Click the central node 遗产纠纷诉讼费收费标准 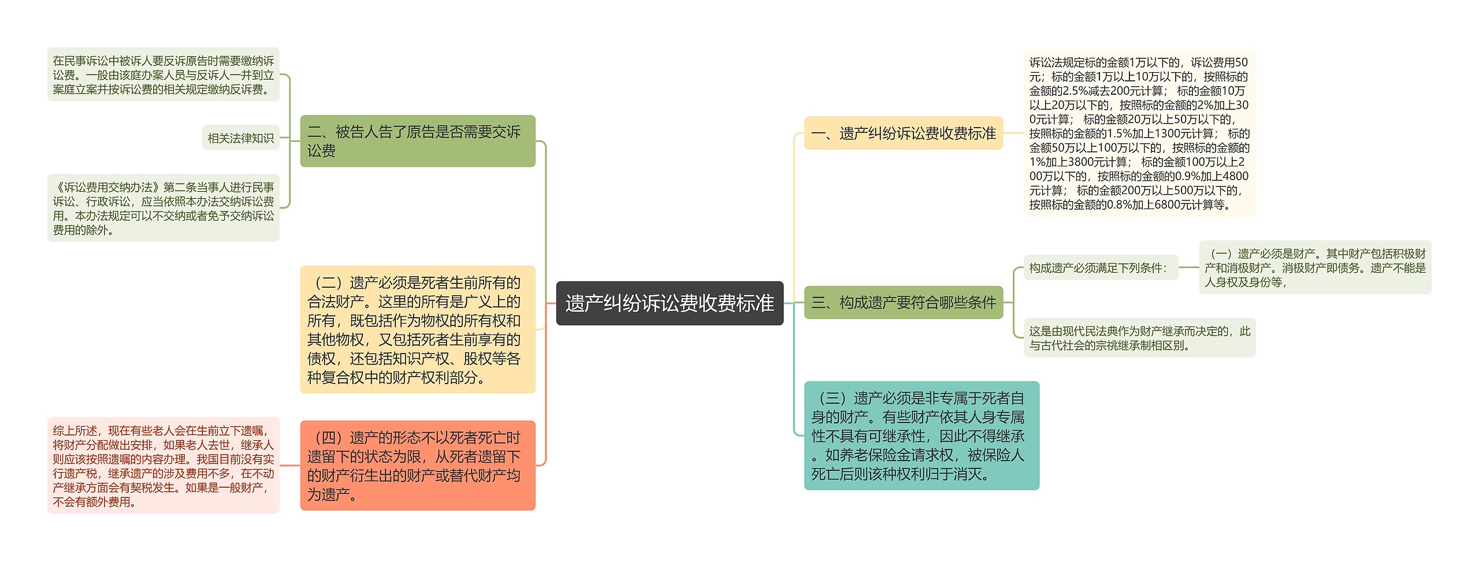pos(669,303)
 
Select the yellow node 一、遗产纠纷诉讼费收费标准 pos(903,133)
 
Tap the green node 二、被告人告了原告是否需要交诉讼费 pos(417,141)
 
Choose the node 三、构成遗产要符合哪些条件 pos(903,302)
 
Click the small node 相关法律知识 pos(240,138)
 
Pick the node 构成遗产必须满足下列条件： pos(1100,268)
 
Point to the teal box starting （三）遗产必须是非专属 pos(921,436)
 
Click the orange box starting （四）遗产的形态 pos(417,466)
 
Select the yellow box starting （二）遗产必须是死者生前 pos(417,330)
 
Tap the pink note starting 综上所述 pos(163,466)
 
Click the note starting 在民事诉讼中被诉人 pos(163,75)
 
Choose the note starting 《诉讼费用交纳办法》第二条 pos(163,208)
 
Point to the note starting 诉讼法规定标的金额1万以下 pos(1139,133)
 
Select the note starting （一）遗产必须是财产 pos(1314,268)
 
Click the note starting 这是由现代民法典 pos(1139,338)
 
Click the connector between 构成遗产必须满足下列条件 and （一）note pos(1188,268)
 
